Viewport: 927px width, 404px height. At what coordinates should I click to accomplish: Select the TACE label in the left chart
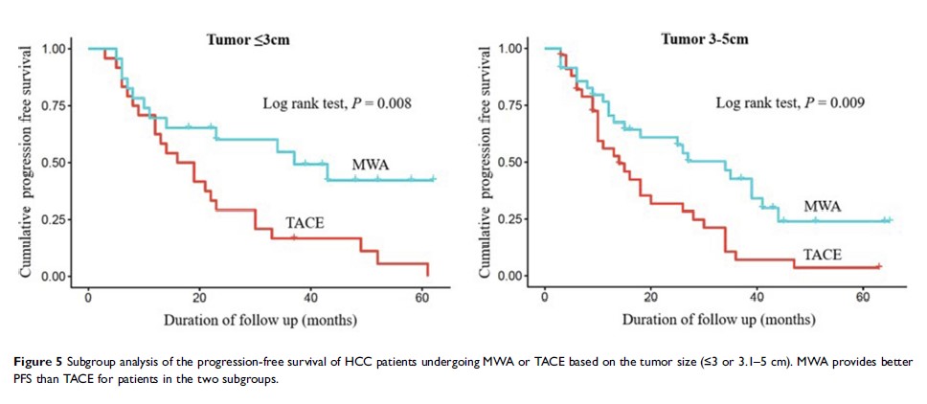click(305, 225)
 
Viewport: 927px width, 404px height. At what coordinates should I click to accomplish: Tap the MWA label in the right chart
click(823, 206)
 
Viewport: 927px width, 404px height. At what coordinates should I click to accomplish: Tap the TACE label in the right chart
click(823, 255)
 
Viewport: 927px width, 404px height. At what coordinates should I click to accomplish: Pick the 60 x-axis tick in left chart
click(422, 295)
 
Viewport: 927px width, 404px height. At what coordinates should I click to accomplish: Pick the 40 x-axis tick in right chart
click(757, 295)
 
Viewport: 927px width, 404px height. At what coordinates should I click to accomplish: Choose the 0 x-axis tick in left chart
click(88, 295)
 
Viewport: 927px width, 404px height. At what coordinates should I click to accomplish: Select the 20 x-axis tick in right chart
click(651, 295)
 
